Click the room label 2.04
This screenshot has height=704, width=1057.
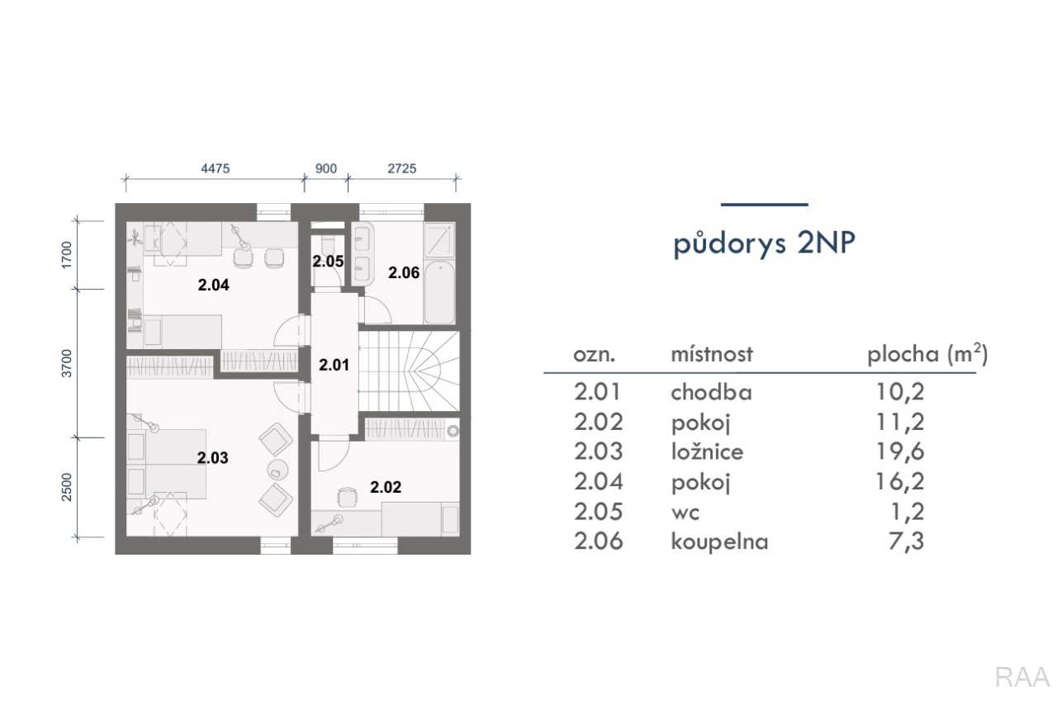[213, 285]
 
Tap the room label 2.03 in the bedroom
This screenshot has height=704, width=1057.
[212, 458]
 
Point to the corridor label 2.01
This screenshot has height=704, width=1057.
[334, 365]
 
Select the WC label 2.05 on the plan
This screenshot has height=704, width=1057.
[328, 262]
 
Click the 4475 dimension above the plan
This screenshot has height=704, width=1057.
[216, 168]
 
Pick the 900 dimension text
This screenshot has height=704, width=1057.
[326, 168]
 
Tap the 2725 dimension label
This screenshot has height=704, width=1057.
[402, 168]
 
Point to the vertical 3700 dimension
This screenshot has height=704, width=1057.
[67, 363]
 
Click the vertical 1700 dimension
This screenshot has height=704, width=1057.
[67, 255]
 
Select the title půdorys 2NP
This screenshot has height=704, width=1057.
[764, 244]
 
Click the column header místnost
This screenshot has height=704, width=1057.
[712, 354]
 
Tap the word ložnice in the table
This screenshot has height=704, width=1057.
[707, 451]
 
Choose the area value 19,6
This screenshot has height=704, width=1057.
[900, 451]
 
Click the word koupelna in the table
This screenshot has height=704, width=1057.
[719, 541]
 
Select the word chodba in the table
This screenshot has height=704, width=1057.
[711, 392]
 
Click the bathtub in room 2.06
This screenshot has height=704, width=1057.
[439, 292]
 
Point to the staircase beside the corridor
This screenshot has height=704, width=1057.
[409, 371]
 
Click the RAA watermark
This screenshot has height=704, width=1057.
[1022, 678]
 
